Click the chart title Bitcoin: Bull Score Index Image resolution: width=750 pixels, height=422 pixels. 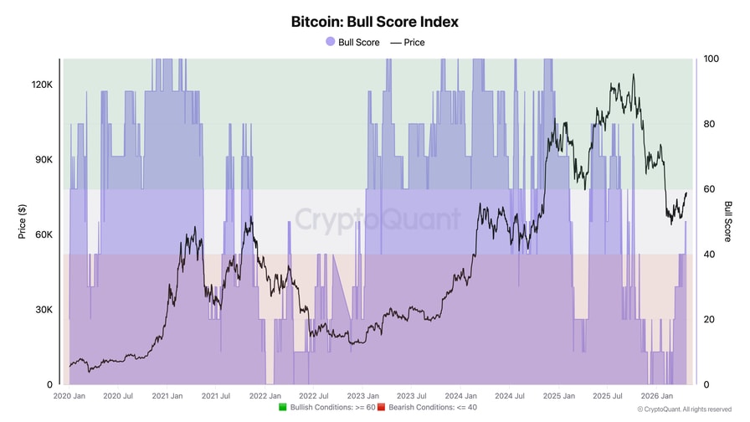pyautogui.click(x=374, y=22)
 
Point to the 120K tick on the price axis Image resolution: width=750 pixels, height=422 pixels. pyautogui.click(x=42, y=85)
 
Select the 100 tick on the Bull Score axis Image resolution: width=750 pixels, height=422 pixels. pyautogui.click(x=711, y=59)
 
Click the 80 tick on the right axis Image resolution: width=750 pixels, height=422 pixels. pyautogui.click(x=708, y=124)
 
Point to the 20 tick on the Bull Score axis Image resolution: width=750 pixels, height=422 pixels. pyautogui.click(x=708, y=320)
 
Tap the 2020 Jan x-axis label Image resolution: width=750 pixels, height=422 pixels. pyautogui.click(x=69, y=396)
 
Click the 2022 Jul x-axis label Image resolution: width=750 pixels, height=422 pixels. pyautogui.click(x=314, y=396)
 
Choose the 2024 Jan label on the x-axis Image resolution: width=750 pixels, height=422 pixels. pyautogui.click(x=460, y=396)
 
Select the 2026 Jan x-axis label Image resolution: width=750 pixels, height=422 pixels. pyautogui.click(x=656, y=396)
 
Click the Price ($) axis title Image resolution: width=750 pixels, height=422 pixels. pyautogui.click(x=22, y=222)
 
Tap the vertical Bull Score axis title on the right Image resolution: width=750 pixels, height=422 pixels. pyautogui.click(x=728, y=222)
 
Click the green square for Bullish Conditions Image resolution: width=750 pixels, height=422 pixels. pyautogui.click(x=284, y=408)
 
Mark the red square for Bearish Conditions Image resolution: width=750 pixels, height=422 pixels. pyautogui.click(x=382, y=408)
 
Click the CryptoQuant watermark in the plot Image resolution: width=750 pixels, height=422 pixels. pyautogui.click(x=378, y=219)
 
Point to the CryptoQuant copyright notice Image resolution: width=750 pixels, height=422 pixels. pyautogui.click(x=684, y=409)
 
